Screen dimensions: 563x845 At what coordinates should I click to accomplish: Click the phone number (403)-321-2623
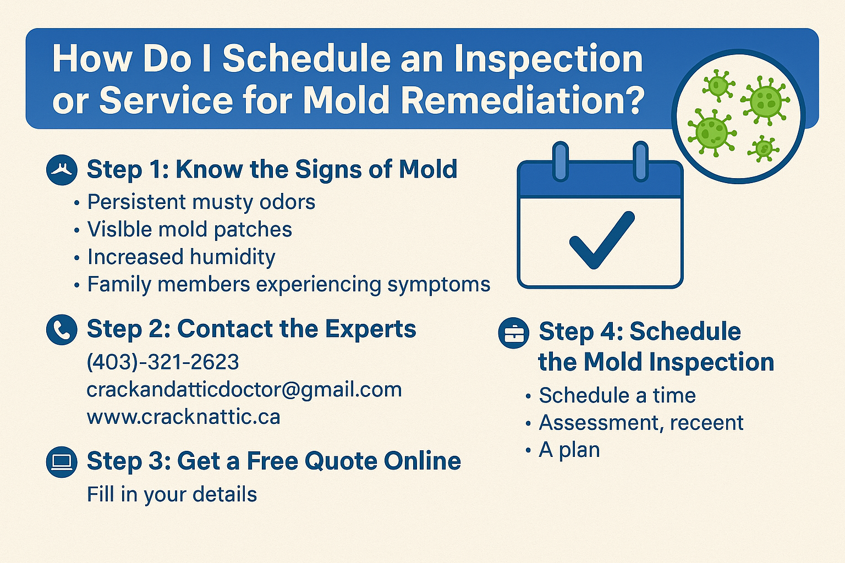point(163,362)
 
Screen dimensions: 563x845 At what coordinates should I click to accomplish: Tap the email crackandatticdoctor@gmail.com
point(244,390)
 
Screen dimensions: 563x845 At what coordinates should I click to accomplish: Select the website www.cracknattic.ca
point(183,417)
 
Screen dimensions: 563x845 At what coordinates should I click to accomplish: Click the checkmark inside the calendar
point(601,240)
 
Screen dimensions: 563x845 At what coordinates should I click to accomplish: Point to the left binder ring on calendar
point(560,162)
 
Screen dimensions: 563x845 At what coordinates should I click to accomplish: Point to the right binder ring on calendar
point(640,162)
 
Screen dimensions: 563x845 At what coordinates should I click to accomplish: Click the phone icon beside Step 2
point(62,330)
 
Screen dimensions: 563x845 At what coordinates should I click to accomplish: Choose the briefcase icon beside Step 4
point(513,333)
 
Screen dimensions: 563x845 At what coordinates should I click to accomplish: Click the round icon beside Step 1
point(62,169)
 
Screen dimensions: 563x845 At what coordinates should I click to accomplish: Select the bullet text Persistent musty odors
point(201,202)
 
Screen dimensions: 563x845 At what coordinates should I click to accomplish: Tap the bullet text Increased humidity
point(182,257)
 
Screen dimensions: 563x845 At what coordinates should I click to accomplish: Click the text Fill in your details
point(172,494)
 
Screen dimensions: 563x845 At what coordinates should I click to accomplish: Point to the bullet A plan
point(569,450)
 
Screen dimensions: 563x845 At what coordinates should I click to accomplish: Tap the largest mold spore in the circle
point(766,101)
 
